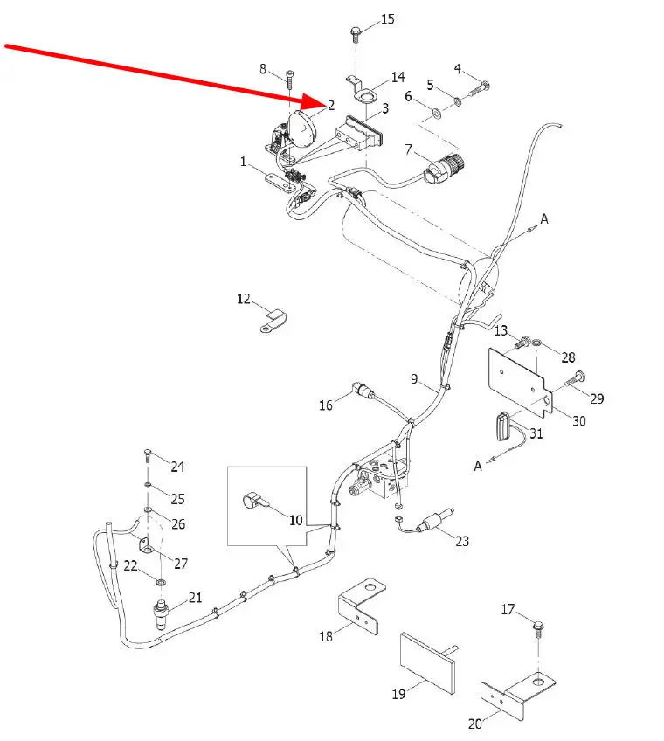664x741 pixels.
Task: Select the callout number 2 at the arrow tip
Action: pyautogui.click(x=331, y=105)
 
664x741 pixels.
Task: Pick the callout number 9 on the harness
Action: pyautogui.click(x=415, y=378)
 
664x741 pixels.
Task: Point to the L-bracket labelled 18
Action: pyautogui.click(x=361, y=608)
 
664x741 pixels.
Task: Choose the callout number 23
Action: pyautogui.click(x=461, y=541)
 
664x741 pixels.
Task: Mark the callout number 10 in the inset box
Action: pyautogui.click(x=296, y=519)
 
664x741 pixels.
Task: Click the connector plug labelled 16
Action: pyautogui.click(x=359, y=388)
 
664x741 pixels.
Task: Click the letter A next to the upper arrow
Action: pyautogui.click(x=543, y=219)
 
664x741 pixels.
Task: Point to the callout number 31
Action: pyautogui.click(x=536, y=433)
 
